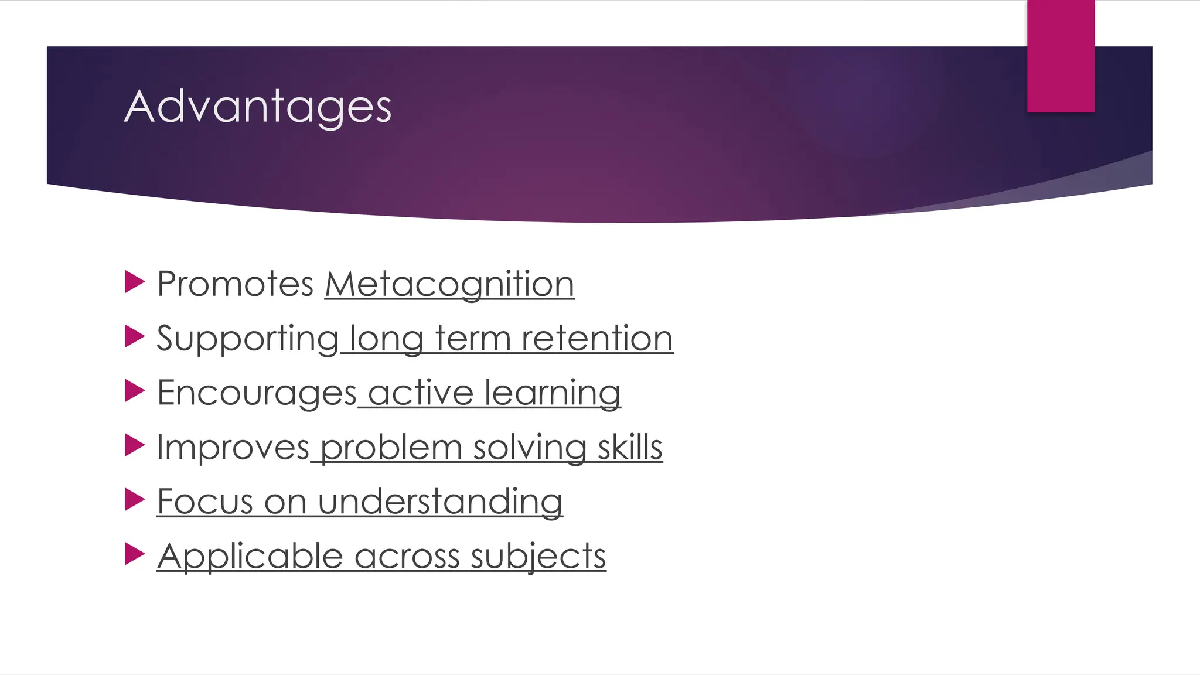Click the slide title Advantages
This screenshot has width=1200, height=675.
258,107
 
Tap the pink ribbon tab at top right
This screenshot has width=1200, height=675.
1061,56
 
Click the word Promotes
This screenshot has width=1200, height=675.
236,284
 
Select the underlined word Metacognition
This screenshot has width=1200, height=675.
449,284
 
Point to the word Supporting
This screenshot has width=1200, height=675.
247,339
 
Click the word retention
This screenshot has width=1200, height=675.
597,339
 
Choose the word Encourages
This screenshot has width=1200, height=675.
257,393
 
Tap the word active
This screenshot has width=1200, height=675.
421,393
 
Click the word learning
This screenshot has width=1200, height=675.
553,393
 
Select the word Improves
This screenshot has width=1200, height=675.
233,447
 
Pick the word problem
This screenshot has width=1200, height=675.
391,447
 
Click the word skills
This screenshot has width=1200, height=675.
630,447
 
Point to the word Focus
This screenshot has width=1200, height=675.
205,502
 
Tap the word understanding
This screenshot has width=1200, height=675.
440,502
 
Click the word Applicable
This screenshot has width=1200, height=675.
250,555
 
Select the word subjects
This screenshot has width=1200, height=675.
538,555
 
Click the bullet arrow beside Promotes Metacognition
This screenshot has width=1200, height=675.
134,282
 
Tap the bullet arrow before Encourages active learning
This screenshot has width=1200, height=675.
134,391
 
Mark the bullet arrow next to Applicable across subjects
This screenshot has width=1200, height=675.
134,554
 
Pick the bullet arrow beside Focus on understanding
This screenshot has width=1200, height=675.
134,500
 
